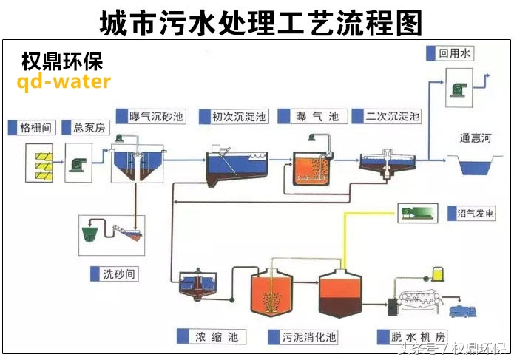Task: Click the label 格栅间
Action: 35,128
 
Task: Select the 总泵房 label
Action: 89,128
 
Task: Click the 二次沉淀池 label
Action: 393,117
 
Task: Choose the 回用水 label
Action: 454,53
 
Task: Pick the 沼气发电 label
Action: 476,214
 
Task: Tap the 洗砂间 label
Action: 119,274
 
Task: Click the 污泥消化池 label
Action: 308,337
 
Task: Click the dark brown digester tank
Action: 342,295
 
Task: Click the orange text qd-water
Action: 64,81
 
